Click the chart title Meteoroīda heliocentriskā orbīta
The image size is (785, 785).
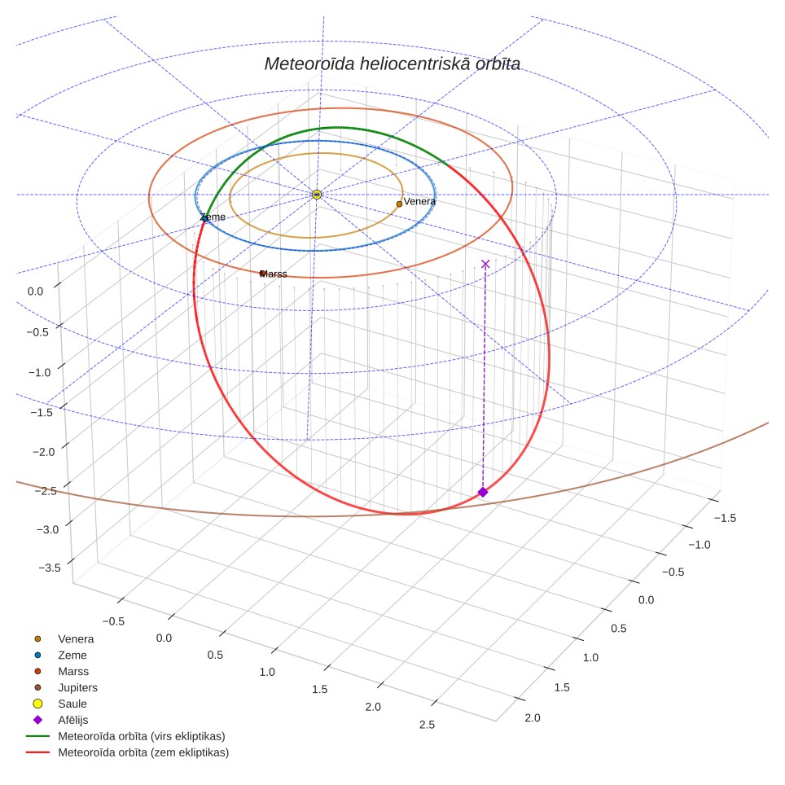[x=392, y=64]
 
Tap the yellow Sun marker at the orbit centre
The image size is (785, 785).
[x=317, y=195]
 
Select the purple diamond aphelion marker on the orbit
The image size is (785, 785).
[x=483, y=492]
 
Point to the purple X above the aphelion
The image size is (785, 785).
[x=485, y=264]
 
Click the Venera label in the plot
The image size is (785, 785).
[x=419, y=201]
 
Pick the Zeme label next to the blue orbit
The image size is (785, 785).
[x=213, y=217]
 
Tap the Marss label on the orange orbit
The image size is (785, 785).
[x=274, y=274]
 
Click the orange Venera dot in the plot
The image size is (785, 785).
[x=399, y=204]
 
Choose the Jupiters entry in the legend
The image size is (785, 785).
[x=67, y=687]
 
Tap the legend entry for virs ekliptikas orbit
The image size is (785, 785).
[x=125, y=736]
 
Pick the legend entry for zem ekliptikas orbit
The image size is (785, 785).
[x=127, y=752]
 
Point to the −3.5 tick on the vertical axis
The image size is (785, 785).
[x=50, y=568]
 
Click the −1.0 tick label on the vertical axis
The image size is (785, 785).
[x=40, y=372]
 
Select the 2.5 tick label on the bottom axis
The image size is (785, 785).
[x=427, y=725]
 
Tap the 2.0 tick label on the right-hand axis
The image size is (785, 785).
[x=533, y=718]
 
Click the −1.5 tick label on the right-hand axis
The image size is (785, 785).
[x=725, y=518]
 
